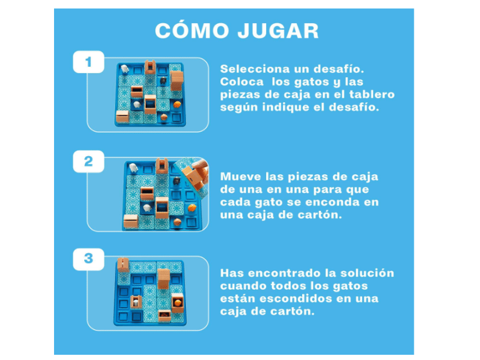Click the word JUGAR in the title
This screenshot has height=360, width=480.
(x=278, y=31)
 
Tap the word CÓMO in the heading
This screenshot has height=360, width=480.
(x=192, y=30)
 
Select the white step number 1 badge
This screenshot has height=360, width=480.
(x=88, y=62)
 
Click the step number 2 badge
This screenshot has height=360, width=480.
(x=88, y=161)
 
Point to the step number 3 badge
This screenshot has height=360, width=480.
(x=88, y=259)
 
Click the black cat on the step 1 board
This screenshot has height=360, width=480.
(x=163, y=81)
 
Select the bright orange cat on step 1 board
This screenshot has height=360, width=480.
(x=177, y=105)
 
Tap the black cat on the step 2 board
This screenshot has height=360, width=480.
(x=177, y=181)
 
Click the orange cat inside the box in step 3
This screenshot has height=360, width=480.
(x=178, y=303)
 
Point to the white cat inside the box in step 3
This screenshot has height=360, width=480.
(x=135, y=303)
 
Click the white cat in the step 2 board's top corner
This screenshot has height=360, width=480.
(x=133, y=168)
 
